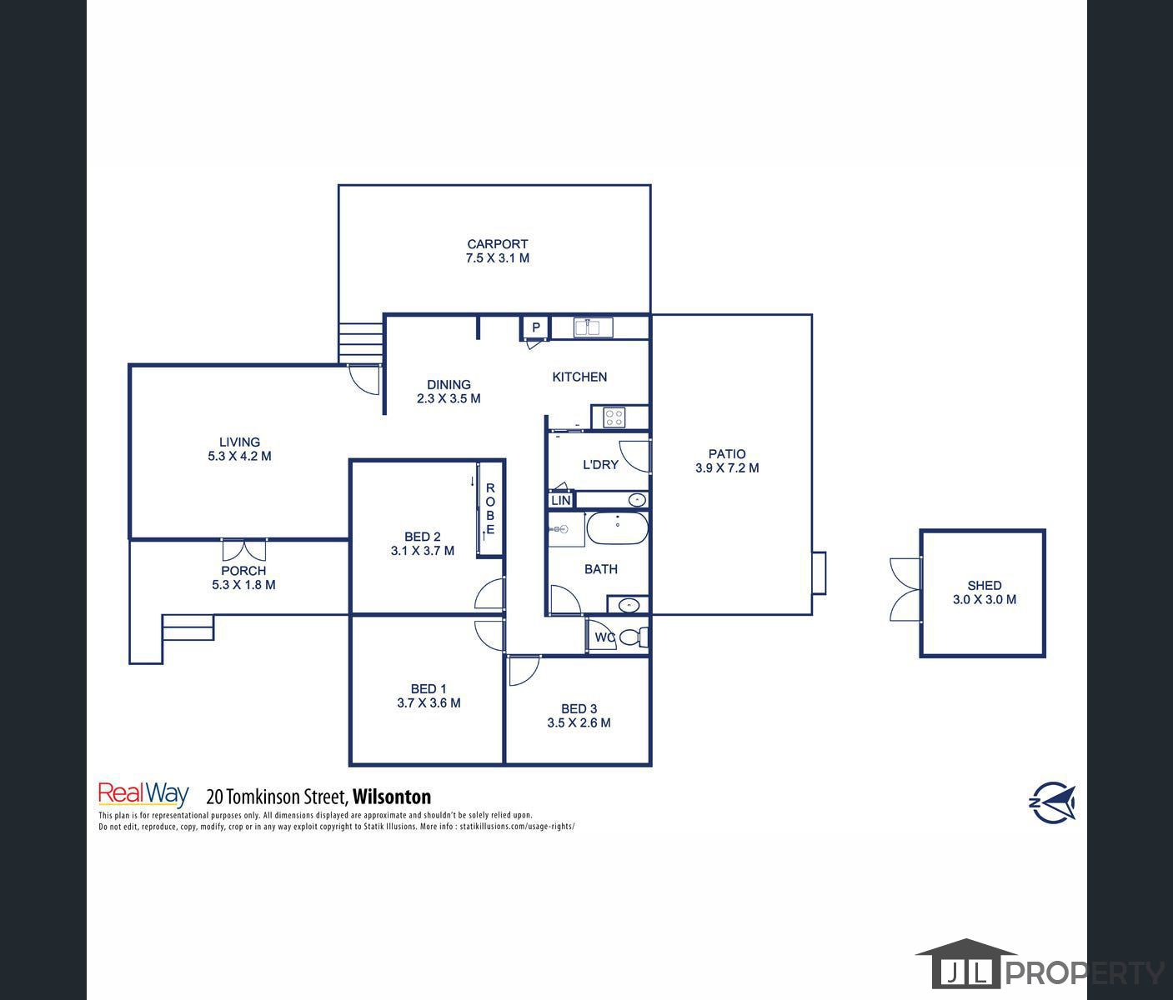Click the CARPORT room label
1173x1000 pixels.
pos(497,244)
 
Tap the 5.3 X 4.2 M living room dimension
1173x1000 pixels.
pos(239,457)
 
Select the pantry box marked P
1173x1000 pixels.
pos(536,327)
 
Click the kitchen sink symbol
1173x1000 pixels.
pos(594,327)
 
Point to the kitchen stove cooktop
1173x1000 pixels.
pos(614,417)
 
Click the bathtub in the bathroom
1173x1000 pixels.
pos(617,528)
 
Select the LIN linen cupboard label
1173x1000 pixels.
pos(561,500)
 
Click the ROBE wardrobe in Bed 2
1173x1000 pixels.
pos(490,508)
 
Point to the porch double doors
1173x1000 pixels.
pos(244,550)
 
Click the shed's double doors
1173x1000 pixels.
pos(905,590)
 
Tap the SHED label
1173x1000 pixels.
pos(984,586)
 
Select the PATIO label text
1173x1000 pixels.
pos(727,454)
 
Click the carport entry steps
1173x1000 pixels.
pos(360,344)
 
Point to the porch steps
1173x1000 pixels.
pos(188,627)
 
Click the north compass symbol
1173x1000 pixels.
pos(1052,802)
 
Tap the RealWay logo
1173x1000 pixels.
pos(143,795)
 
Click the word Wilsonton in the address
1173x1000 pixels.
pos(392,797)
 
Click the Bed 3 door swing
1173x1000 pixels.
pos(522,671)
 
